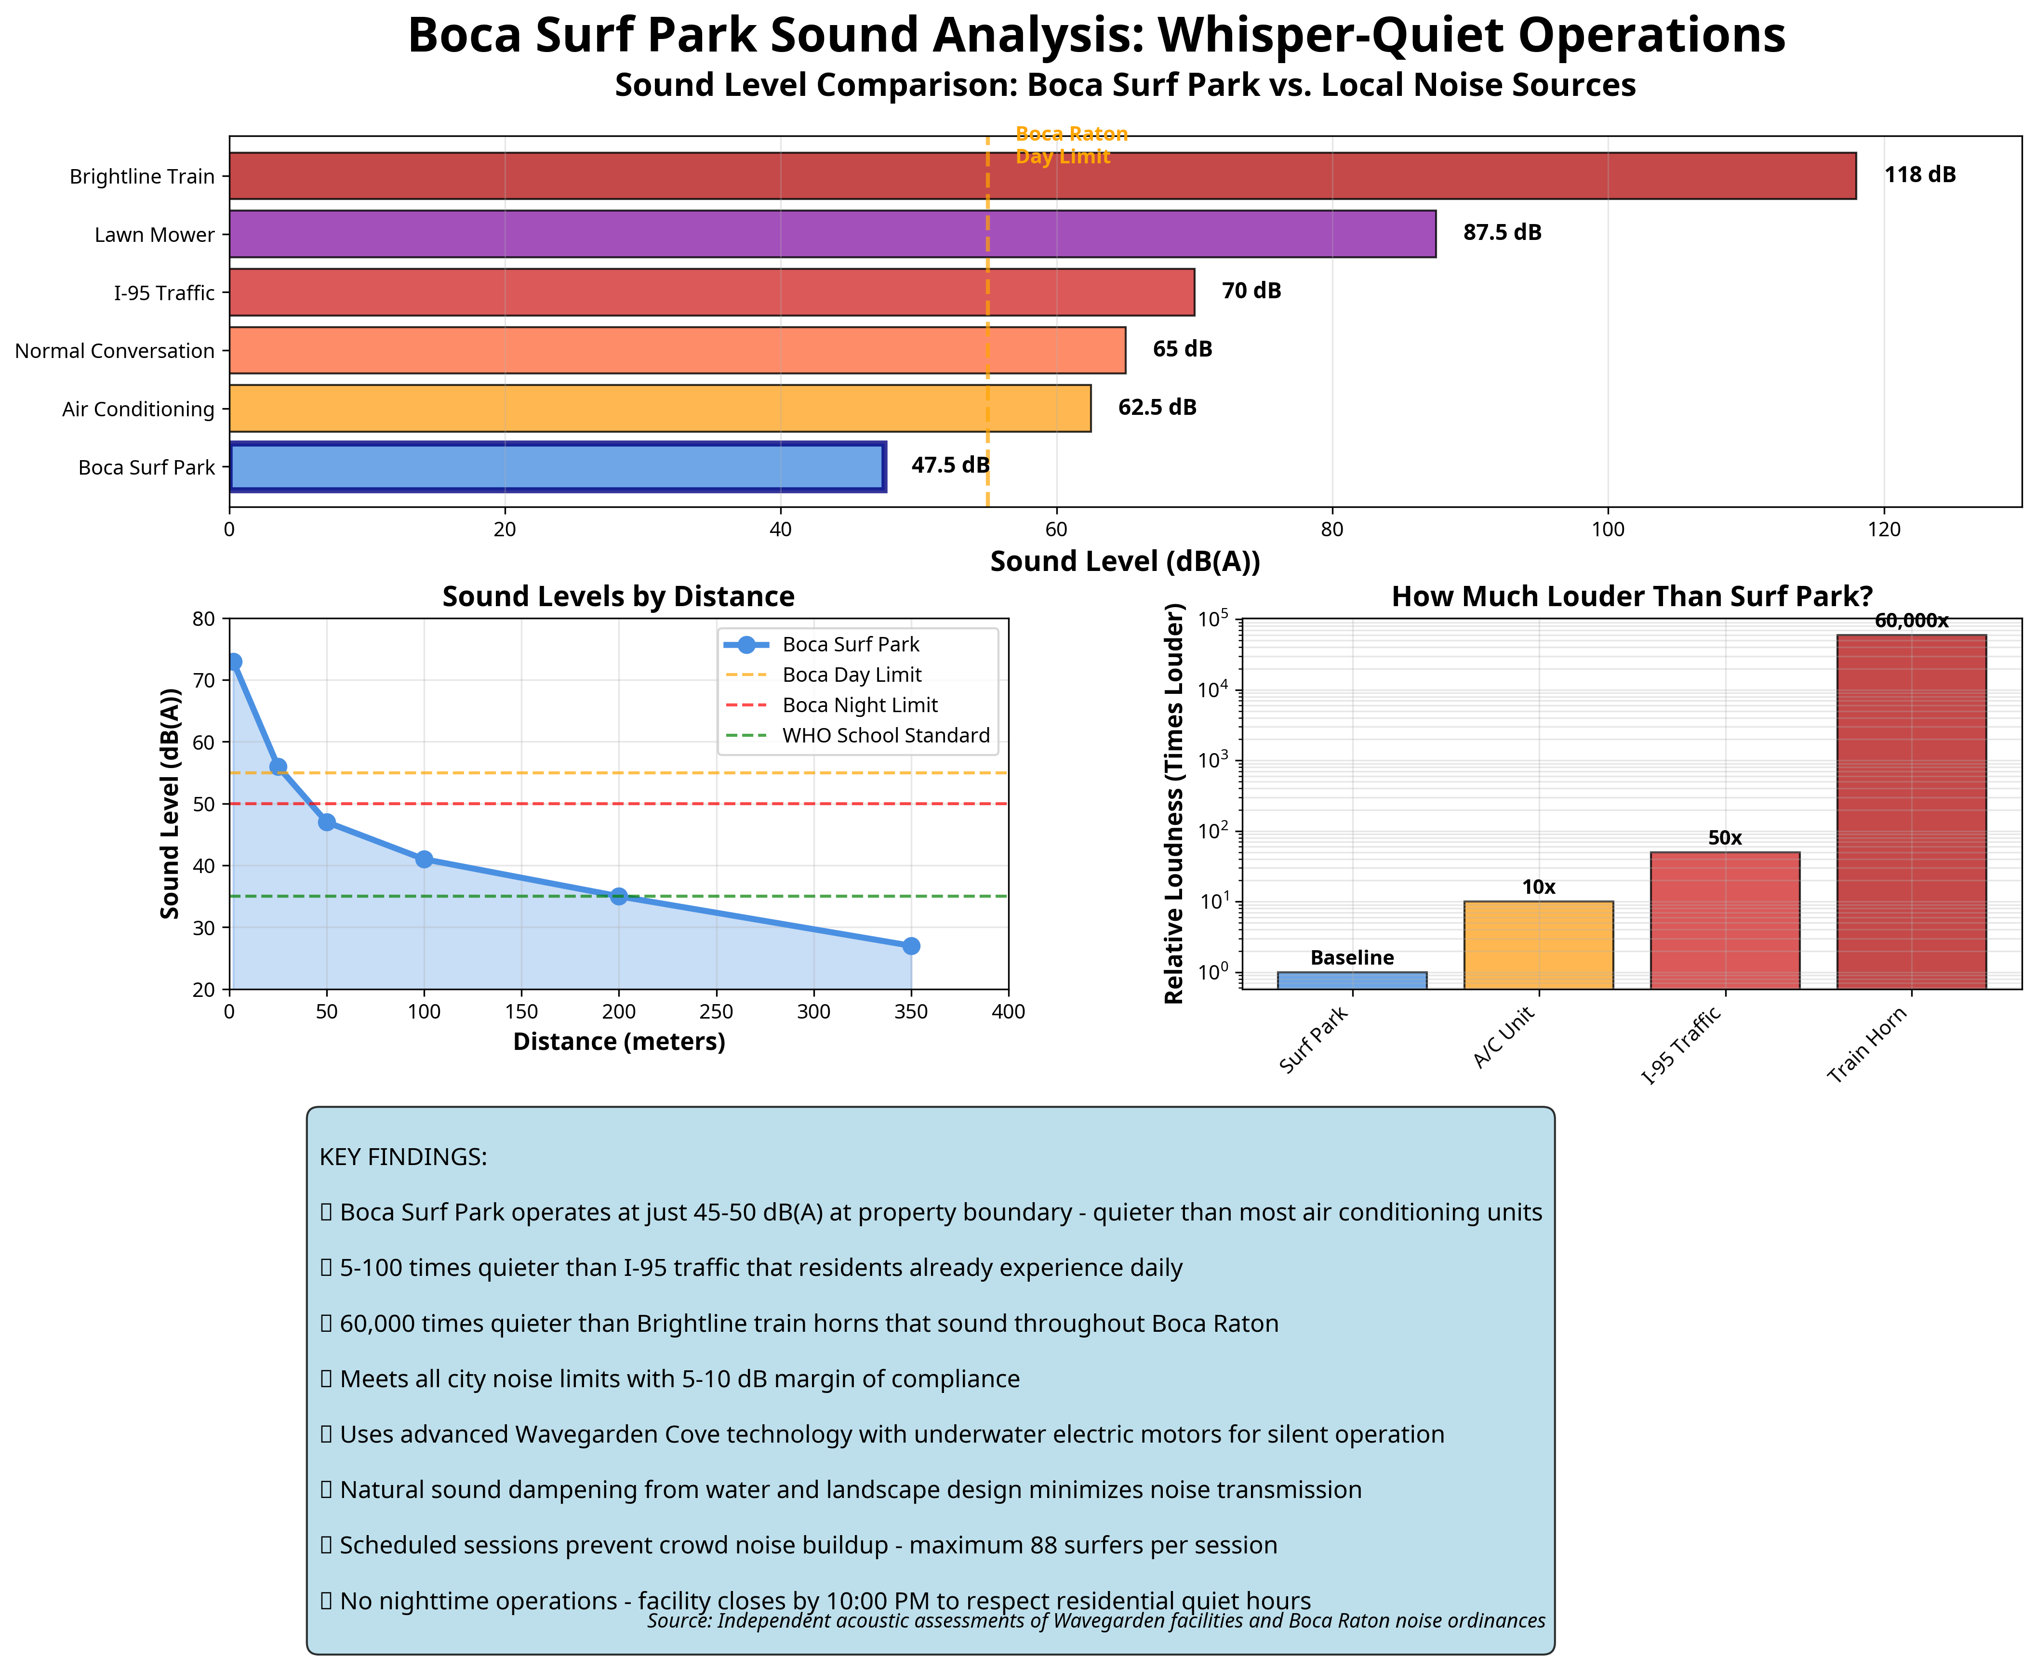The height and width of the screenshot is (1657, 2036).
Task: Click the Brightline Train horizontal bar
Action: [x=1042, y=176]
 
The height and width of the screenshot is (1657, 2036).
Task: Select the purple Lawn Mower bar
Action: [x=832, y=234]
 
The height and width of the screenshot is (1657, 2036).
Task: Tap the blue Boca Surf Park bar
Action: [x=558, y=467]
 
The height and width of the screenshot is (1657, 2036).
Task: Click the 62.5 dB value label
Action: [x=1157, y=408]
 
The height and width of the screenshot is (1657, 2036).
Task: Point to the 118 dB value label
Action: [x=1919, y=175]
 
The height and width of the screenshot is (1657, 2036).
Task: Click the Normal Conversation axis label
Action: [x=115, y=351]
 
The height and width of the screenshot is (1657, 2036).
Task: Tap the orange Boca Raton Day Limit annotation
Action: [x=1071, y=145]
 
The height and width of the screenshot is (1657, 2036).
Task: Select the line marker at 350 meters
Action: [x=911, y=946]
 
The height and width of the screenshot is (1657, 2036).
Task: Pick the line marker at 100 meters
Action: [x=424, y=859]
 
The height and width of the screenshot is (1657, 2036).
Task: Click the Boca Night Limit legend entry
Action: [x=859, y=705]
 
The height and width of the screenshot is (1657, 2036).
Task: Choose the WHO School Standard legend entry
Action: [x=885, y=736]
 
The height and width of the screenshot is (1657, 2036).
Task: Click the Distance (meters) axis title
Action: [x=619, y=1041]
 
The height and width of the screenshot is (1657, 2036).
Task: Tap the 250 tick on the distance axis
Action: [x=716, y=1012]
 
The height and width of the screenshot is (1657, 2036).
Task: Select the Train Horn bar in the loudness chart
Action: [x=1911, y=811]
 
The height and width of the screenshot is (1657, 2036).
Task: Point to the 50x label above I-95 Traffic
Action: [x=1725, y=838]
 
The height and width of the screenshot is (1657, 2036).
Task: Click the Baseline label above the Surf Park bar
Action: [x=1352, y=957]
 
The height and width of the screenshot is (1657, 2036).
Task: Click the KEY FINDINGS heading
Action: [x=403, y=1157]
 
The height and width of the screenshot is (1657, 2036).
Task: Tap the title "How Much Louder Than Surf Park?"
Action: [x=1631, y=597]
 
